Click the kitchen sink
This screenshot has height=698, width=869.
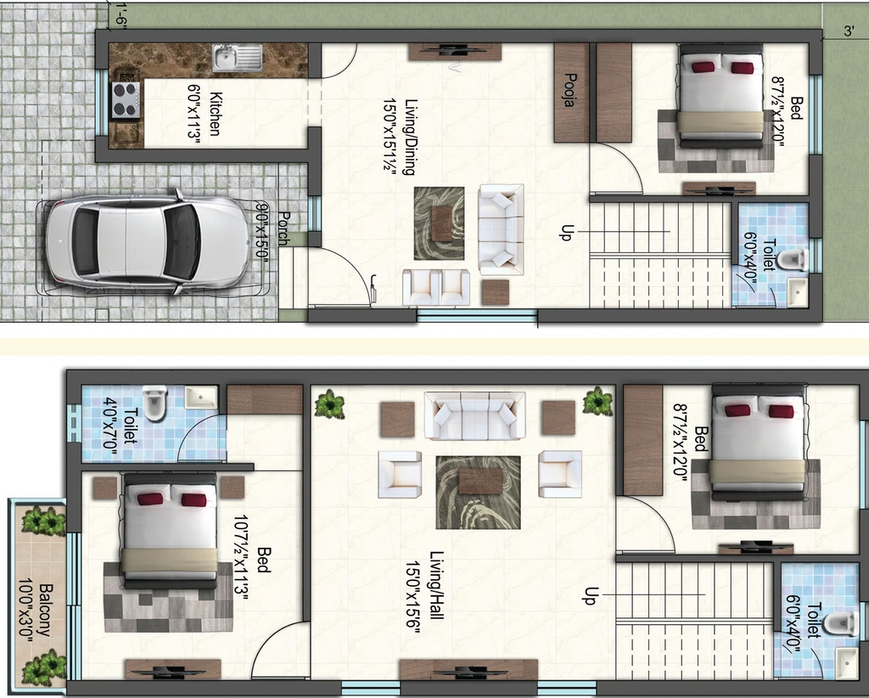coord(238,59)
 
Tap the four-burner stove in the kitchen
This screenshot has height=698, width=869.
coord(125,100)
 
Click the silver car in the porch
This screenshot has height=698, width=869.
coord(148,242)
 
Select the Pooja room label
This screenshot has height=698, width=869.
coord(569,90)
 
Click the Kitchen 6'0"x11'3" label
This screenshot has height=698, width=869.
coord(205,114)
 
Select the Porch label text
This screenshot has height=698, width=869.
coord(283,228)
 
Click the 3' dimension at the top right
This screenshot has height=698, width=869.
coord(849,31)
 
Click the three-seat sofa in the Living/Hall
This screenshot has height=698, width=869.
coord(475,416)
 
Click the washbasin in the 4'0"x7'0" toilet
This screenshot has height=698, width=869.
coord(200,397)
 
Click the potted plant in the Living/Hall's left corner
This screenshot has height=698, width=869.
coord(330,403)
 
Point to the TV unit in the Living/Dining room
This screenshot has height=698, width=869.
coord(455,51)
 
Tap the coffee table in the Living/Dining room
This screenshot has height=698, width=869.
coord(441,222)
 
